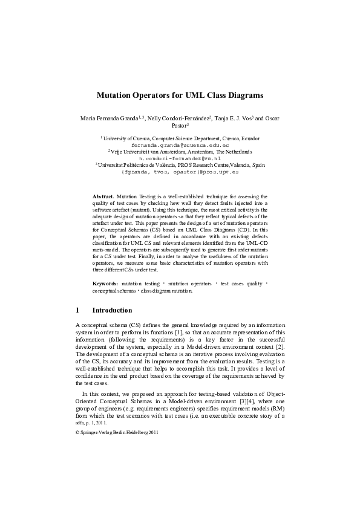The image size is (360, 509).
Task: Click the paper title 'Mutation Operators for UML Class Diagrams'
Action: (180, 96)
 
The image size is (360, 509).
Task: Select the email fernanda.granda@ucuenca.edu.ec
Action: (180, 146)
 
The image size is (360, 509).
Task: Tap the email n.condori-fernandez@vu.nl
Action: (180, 158)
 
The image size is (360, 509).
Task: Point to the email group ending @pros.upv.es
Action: (180, 171)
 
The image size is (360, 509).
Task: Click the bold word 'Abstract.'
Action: (103, 197)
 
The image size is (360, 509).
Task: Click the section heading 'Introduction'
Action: (112, 311)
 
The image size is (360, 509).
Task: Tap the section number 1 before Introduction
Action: (77, 311)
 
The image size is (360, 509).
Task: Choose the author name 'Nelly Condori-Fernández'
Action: (182, 118)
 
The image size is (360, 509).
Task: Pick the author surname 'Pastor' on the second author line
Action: (178, 126)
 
